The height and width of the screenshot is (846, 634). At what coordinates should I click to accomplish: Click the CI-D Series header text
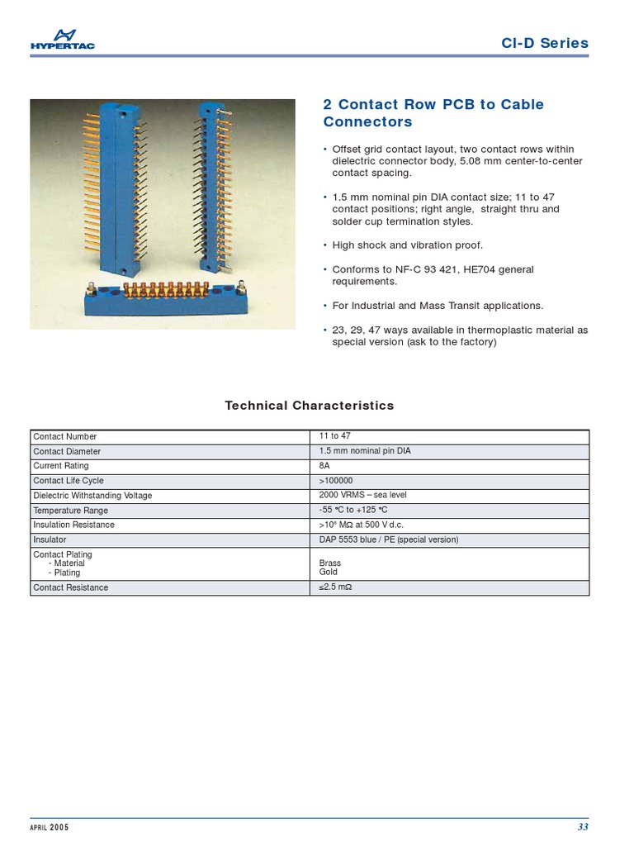[545, 44]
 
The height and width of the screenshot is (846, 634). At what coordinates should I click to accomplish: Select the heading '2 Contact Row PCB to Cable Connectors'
[433, 113]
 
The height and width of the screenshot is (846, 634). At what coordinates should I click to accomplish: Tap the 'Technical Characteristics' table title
[310, 406]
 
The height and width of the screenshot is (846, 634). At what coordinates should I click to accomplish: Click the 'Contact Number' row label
[65, 436]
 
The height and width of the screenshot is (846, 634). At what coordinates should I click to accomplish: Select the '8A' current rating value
[324, 466]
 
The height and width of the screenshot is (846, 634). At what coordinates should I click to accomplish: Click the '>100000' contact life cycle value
[336, 481]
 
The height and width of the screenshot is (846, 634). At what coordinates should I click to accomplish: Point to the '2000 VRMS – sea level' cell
[362, 495]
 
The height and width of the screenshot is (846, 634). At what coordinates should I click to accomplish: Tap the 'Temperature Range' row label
[71, 511]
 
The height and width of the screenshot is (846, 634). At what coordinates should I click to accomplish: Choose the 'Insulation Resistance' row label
[74, 525]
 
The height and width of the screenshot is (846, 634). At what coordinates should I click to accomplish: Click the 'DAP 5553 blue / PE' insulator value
[388, 539]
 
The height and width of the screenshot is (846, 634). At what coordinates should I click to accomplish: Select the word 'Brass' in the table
[330, 563]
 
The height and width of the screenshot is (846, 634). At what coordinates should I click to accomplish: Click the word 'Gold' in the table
[329, 572]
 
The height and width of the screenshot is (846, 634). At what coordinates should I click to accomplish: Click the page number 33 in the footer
[583, 827]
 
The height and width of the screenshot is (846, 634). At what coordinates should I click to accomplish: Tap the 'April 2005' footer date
[50, 827]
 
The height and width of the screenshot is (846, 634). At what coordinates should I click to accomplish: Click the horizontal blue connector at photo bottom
[164, 299]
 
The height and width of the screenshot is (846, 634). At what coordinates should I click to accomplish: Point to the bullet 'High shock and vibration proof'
[407, 245]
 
